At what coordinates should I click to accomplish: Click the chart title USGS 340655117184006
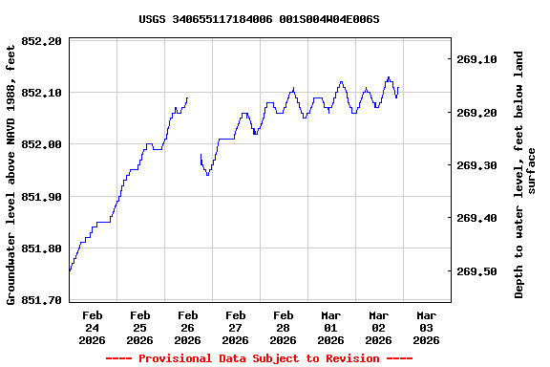pos(259,19)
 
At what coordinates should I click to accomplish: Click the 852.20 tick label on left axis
pos(42,41)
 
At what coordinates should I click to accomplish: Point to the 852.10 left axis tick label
pos(42,93)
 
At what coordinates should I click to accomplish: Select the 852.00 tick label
pos(42,144)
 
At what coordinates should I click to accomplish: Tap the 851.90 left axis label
pos(42,197)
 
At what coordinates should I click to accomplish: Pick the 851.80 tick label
pos(42,248)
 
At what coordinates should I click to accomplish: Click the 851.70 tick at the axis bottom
pos(42,300)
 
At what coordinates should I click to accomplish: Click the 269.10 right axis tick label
pos(477,59)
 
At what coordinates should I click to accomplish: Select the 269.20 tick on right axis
pos(477,113)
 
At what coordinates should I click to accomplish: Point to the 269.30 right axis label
pos(477,165)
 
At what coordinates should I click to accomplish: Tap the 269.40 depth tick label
pos(477,218)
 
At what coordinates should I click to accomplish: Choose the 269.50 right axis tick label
pos(477,271)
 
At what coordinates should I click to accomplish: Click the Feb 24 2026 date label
pos(93,327)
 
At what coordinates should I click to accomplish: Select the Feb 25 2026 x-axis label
pos(140,327)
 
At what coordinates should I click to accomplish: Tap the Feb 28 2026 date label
pos(284,327)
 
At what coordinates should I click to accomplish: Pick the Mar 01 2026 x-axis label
pos(331,327)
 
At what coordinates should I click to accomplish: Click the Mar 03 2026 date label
pos(427,327)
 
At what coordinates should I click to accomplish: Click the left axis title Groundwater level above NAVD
pos(11,172)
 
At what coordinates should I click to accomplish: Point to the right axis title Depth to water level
pos(525,174)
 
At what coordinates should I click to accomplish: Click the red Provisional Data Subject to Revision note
pos(259,358)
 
